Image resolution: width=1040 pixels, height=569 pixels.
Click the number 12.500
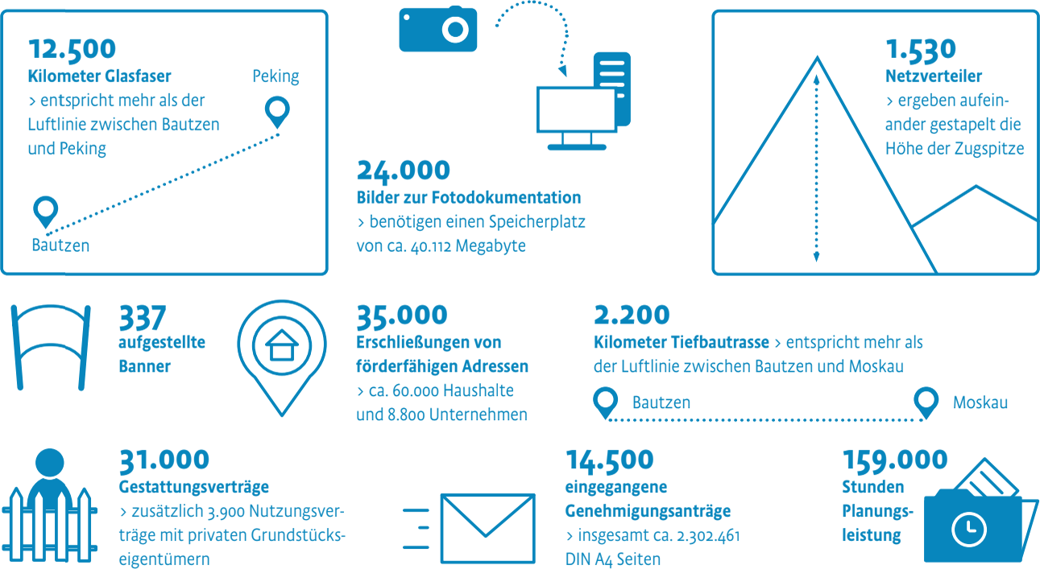point(72,50)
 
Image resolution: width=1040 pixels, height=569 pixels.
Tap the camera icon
point(437,29)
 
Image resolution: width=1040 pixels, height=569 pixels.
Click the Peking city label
point(276,76)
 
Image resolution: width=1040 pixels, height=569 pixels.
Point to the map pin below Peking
point(277,112)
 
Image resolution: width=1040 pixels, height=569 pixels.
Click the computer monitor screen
point(576,110)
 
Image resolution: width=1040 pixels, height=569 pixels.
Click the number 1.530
point(921,50)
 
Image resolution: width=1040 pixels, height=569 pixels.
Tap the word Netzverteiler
point(934,76)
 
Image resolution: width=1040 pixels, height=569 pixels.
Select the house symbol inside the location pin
point(282,345)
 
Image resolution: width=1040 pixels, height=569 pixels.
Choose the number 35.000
point(402,315)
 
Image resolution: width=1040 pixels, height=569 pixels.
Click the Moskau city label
point(980,402)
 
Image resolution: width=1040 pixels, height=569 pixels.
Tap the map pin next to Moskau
point(926,402)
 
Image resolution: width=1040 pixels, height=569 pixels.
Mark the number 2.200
point(632,315)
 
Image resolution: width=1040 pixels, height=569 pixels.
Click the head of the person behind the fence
point(50,463)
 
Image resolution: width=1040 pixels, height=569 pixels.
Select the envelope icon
point(487,529)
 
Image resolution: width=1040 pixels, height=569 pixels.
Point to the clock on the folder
point(968,530)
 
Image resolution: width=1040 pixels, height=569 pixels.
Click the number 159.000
point(895,461)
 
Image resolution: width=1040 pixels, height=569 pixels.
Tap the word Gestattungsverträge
point(193,488)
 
